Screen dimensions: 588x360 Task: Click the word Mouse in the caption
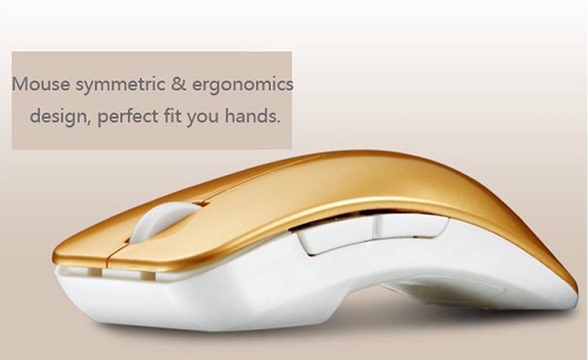point(41,84)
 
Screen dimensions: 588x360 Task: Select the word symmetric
point(121,85)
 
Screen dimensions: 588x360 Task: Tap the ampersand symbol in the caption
point(179,84)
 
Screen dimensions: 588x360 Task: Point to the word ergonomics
point(243,85)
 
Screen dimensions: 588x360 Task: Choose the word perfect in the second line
point(128,116)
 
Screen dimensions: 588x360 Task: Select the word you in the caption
point(202,118)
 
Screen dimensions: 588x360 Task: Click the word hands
point(250,116)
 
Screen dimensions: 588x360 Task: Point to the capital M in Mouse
point(20,84)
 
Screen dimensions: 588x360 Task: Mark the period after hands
point(278,122)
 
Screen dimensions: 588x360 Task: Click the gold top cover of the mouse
point(338,188)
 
